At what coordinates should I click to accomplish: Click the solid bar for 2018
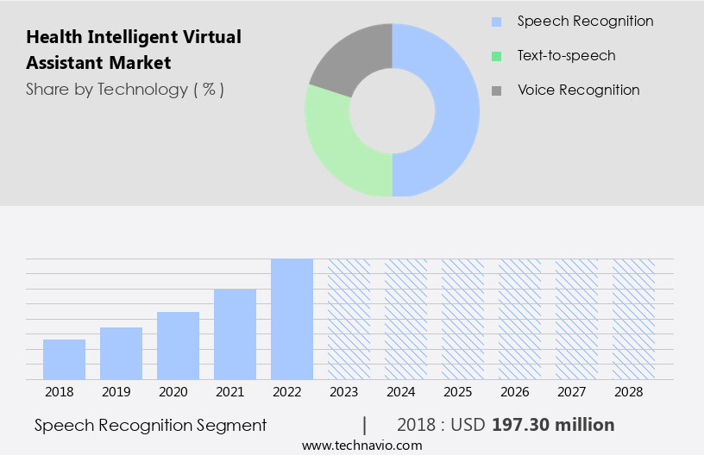coord(64,359)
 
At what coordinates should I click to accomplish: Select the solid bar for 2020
coord(178,346)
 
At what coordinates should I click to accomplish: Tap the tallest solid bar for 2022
coord(292,319)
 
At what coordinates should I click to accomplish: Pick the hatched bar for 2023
coord(349,319)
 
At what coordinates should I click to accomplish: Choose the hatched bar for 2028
coord(634,319)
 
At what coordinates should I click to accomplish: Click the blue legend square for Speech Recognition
coord(496,22)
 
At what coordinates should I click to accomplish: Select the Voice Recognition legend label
coord(578,90)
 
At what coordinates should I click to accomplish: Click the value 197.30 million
coord(553,425)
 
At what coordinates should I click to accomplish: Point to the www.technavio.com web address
coord(362,445)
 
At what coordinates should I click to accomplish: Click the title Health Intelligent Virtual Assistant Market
coord(134,50)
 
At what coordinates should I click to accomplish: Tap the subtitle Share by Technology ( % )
coord(125,89)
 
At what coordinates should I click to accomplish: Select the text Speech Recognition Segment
coord(151,425)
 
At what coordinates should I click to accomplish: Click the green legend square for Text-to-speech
coord(496,56)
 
